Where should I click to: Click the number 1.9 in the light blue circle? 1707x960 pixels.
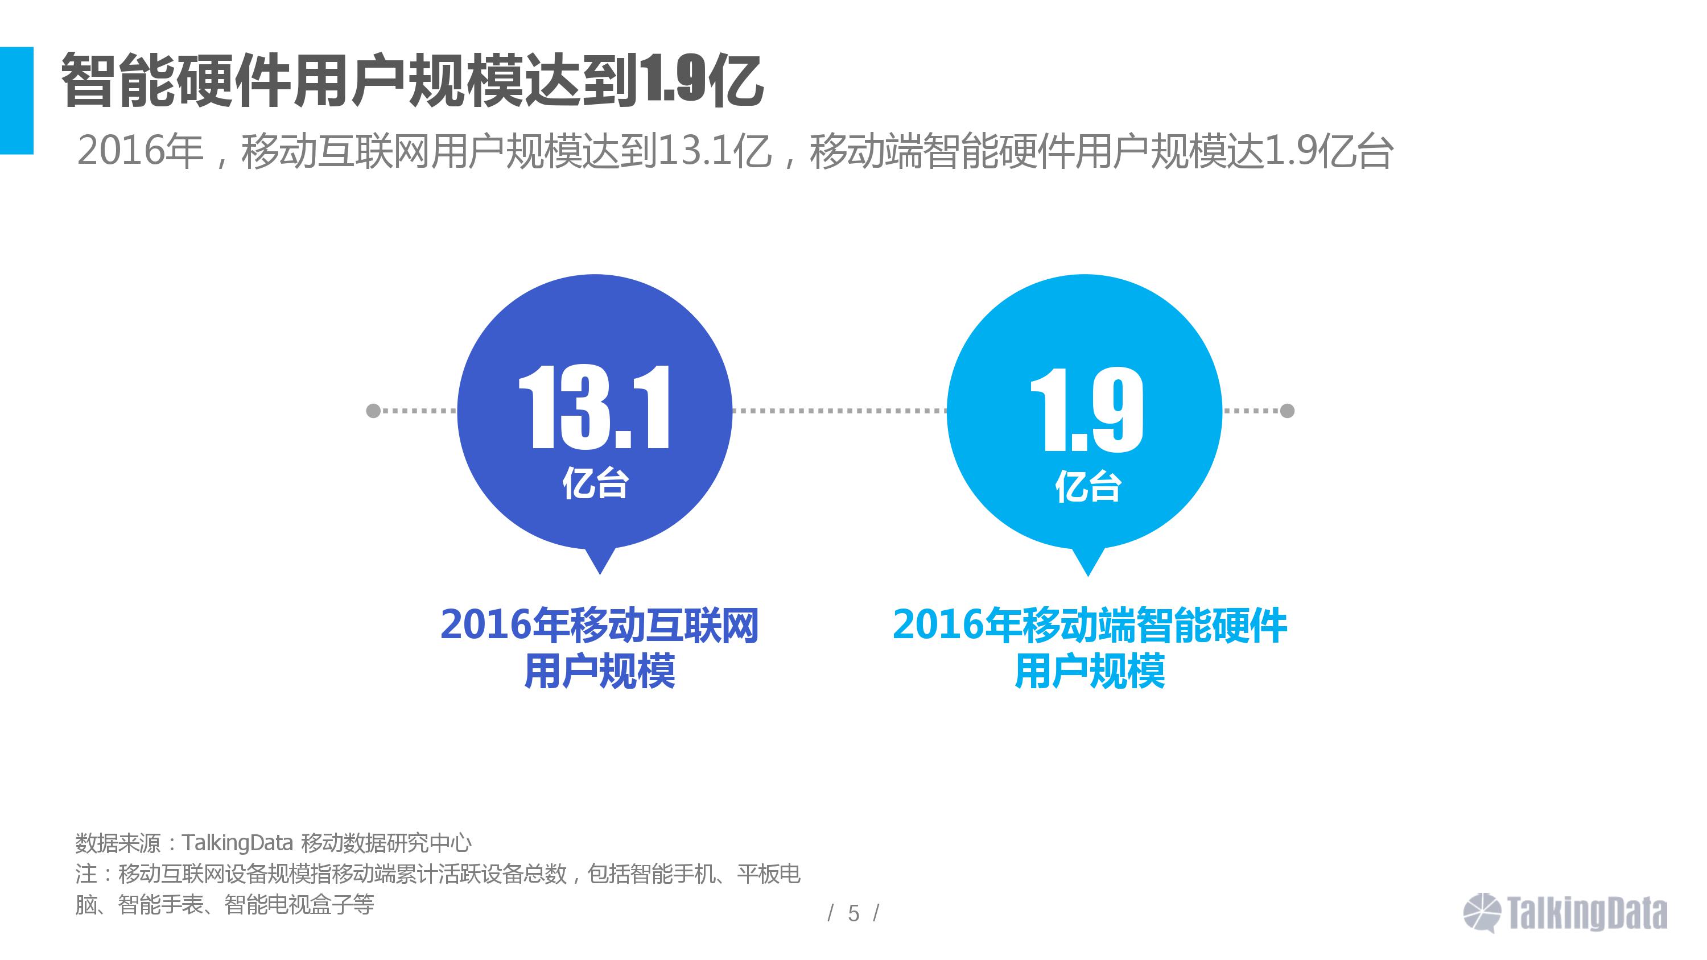point(1087,411)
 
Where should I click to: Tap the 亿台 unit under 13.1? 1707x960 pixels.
point(595,483)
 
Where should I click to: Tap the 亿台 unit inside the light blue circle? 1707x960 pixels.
point(1087,487)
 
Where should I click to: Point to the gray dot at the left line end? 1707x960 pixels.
point(373,411)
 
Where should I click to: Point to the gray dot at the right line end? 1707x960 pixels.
point(1287,411)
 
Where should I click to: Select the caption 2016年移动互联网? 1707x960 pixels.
point(599,625)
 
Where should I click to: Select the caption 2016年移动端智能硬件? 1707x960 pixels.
point(1090,625)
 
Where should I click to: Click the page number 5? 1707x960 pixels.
point(853,913)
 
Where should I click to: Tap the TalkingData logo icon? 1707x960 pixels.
point(1482,912)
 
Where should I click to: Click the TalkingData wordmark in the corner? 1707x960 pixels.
point(1587,913)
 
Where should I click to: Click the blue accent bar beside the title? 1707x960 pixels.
point(17,100)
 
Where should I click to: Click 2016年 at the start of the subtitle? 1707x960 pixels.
point(140,151)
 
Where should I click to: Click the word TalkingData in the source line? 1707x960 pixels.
point(237,843)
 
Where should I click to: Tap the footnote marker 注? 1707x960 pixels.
point(86,874)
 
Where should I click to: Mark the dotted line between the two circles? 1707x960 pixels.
point(839,411)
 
